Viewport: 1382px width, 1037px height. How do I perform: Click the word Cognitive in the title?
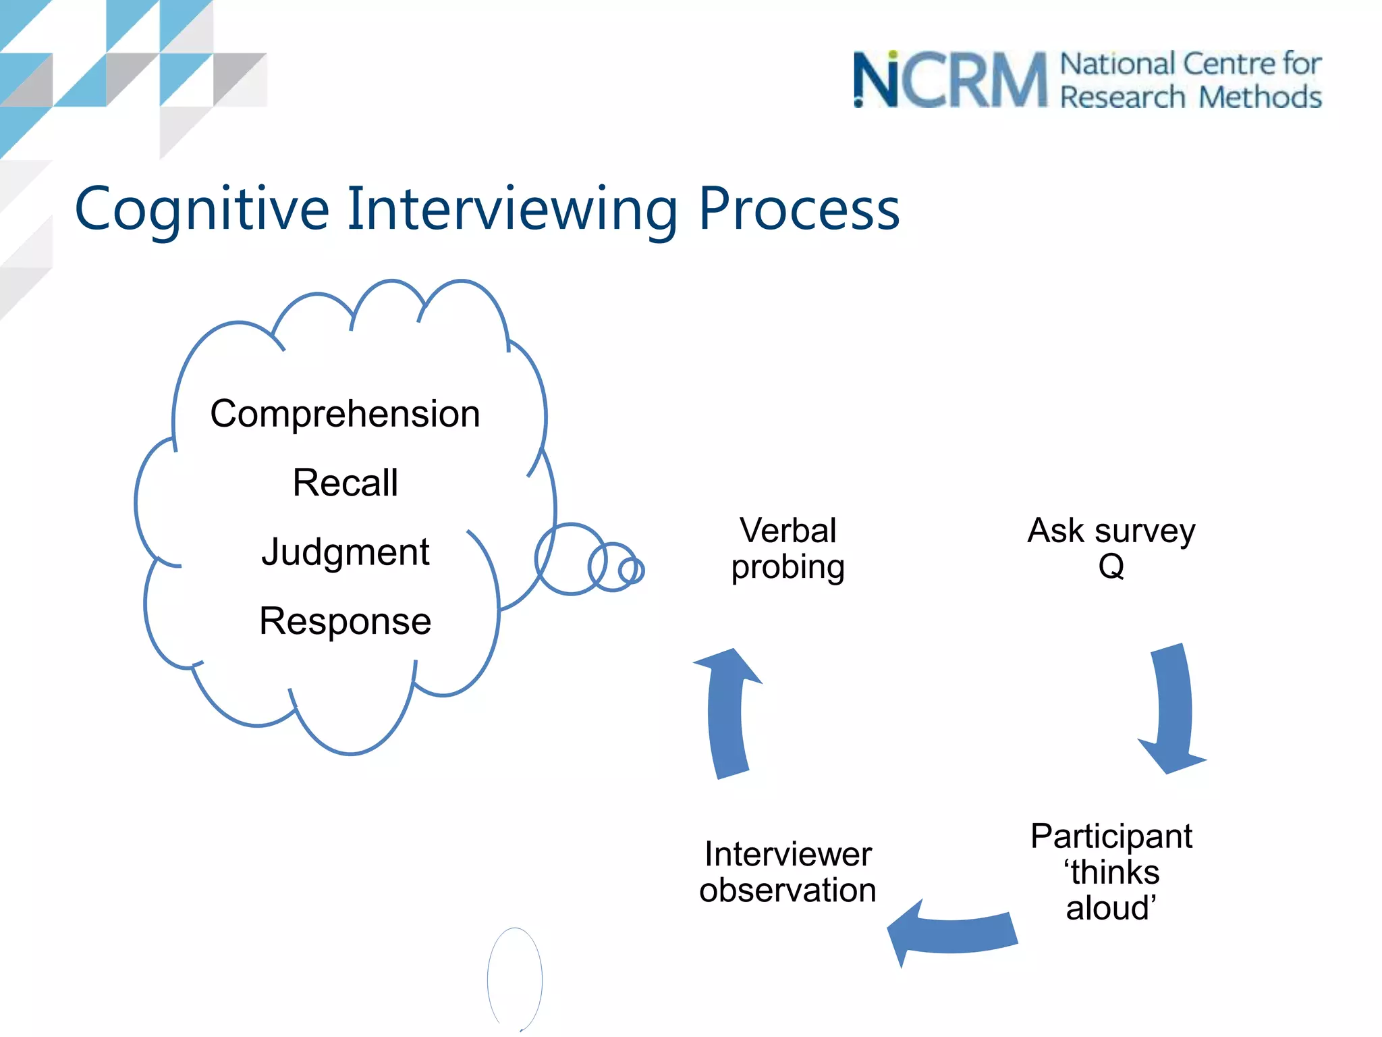[x=201, y=209]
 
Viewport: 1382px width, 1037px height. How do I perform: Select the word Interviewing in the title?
[x=512, y=209]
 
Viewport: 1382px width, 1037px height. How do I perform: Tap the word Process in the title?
[x=799, y=209]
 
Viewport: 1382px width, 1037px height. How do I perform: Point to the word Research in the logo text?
[x=1122, y=97]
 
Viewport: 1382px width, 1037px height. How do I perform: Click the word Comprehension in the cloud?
[x=345, y=414]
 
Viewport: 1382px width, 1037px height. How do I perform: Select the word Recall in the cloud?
[x=345, y=483]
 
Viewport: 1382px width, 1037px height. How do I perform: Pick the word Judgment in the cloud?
[x=345, y=552]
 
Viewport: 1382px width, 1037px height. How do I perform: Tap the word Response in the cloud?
[x=345, y=621]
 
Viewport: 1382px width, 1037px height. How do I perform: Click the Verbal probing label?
[x=787, y=548]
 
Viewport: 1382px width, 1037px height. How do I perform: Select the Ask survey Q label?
[x=1111, y=548]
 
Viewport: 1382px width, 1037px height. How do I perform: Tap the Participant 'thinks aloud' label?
[x=1111, y=872]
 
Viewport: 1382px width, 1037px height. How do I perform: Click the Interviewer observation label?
[x=787, y=872]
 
